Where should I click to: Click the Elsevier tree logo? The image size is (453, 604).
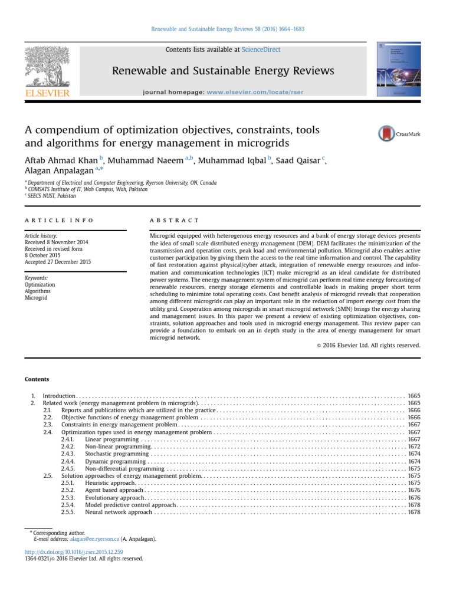47,71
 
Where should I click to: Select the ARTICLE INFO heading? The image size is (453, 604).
58,220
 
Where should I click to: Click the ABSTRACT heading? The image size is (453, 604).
175,220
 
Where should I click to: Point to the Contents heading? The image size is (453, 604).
37,379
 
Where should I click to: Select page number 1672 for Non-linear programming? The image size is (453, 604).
413,447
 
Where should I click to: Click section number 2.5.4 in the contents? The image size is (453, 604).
68,505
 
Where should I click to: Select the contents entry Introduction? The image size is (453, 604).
59,395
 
